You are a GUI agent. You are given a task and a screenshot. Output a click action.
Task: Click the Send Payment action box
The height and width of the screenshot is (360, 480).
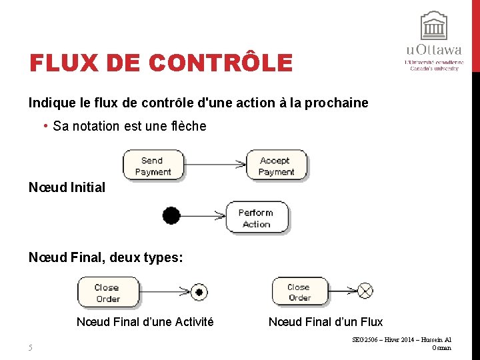tap(153, 165)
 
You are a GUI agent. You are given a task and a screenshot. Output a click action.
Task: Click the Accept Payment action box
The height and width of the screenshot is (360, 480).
tap(277, 165)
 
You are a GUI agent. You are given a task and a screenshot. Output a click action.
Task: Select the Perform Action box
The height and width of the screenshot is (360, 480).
tap(256, 218)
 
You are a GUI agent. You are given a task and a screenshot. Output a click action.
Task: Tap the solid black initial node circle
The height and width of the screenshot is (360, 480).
tap(171, 216)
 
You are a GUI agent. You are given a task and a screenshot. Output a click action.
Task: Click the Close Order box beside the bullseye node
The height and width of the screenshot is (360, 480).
tap(107, 293)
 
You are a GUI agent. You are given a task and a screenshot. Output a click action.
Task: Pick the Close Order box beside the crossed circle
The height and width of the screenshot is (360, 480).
tap(300, 292)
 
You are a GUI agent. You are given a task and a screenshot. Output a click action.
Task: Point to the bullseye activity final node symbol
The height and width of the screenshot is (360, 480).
tap(198, 291)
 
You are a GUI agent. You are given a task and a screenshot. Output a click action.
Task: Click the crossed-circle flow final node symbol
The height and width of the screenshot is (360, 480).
tap(365, 291)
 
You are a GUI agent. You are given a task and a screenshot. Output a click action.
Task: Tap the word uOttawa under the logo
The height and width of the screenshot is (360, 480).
tap(434, 50)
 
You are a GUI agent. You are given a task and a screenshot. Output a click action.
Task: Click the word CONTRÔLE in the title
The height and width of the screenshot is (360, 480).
tap(221, 63)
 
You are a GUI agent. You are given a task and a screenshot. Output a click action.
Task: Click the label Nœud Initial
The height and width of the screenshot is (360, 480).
tap(67, 187)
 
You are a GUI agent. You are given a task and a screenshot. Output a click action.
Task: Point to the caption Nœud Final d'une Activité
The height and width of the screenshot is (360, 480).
tap(145, 322)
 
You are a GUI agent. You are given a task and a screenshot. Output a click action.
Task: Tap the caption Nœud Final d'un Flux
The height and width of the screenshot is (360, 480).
tap(325, 322)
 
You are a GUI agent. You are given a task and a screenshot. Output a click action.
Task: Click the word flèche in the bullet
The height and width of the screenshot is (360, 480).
tap(189, 126)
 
